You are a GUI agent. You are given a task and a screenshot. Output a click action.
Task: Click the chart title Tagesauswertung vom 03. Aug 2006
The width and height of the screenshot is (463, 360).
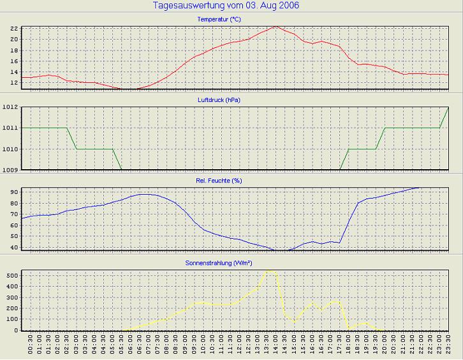coord(226,6)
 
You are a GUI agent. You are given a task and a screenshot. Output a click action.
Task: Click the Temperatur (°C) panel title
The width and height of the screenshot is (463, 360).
coord(231,20)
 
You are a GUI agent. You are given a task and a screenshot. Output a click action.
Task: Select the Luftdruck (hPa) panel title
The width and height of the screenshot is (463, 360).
coord(231,100)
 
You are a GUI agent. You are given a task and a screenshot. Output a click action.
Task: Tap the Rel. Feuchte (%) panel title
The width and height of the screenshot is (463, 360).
coord(231,181)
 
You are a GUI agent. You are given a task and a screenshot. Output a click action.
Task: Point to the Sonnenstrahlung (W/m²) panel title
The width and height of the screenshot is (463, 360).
coord(231,262)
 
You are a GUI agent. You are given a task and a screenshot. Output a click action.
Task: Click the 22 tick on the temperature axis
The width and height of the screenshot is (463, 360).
coord(13,29)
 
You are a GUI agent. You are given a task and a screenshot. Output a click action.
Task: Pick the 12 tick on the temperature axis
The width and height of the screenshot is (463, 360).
coord(13,83)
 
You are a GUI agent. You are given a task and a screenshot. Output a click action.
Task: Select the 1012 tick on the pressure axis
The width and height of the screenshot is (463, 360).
coord(10,107)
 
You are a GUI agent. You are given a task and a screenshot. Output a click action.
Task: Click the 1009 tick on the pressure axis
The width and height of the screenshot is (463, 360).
coord(10,170)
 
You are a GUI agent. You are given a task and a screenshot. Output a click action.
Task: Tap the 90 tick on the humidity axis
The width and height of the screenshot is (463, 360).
coord(13,191)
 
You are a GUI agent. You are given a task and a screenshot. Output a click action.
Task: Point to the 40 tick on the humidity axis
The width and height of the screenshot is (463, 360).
coord(13,247)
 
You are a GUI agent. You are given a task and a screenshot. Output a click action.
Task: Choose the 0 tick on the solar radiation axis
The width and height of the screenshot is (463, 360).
coord(16,331)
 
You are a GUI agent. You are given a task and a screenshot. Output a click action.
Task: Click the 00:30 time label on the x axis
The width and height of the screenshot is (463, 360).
coord(31,346)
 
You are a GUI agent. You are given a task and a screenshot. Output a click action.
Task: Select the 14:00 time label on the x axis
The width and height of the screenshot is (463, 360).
coord(275,346)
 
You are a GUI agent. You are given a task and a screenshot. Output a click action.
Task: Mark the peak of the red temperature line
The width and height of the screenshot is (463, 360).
coord(275,26)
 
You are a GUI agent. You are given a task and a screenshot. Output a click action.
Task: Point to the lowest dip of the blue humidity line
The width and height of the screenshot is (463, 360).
coord(276,251)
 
